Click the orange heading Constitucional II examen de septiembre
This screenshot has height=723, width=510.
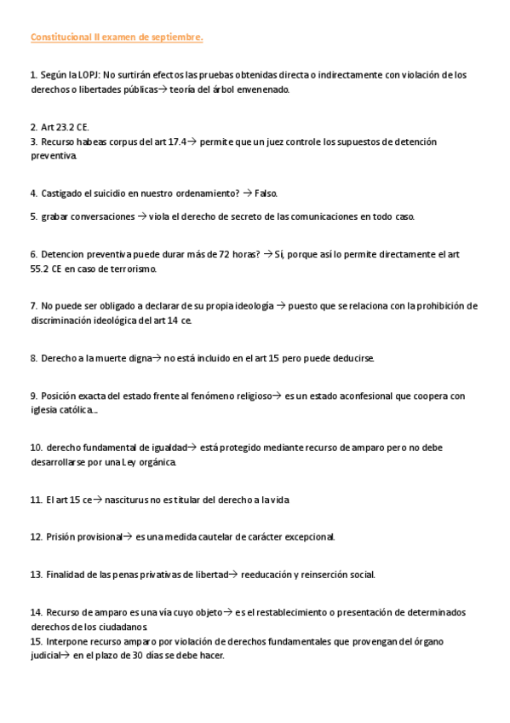117,38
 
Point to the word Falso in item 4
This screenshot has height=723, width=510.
266,194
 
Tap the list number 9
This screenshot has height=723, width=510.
33,396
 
